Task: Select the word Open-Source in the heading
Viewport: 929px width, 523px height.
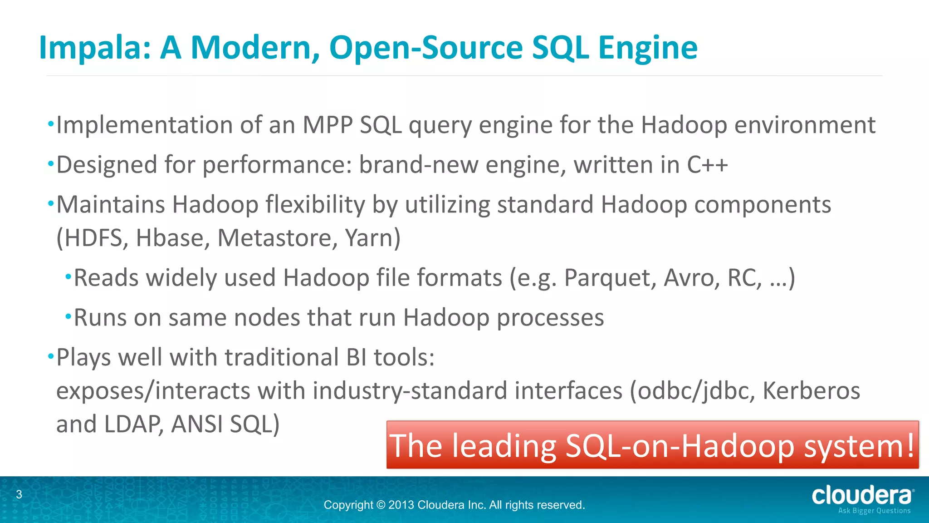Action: [x=426, y=48]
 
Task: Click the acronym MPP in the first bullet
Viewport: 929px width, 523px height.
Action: [x=328, y=125]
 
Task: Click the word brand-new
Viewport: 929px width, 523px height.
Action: [x=419, y=165]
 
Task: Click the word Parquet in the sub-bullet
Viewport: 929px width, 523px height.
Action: [x=610, y=278]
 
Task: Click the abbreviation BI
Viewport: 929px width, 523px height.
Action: [x=356, y=358]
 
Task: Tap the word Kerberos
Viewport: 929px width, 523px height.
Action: [x=811, y=391]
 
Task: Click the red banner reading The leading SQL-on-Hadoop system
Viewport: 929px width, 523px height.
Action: [x=652, y=445]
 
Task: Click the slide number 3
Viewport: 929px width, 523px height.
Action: [x=19, y=494]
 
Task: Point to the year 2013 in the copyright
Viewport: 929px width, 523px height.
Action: [x=401, y=505]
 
